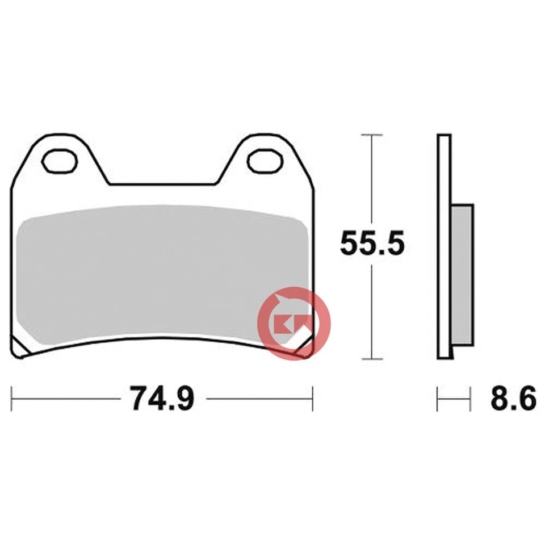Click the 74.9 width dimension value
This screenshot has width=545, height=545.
162,399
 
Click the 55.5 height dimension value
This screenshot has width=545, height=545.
372,244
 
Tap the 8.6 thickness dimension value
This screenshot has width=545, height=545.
513,400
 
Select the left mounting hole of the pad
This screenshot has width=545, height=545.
60,161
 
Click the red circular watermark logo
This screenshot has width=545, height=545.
294,324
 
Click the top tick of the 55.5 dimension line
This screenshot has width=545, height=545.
372,135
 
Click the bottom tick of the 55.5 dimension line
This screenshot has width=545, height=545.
372,359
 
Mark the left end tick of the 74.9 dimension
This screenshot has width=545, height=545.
12,399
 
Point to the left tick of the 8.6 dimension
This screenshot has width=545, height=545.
438,399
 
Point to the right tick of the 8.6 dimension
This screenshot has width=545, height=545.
471,399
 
